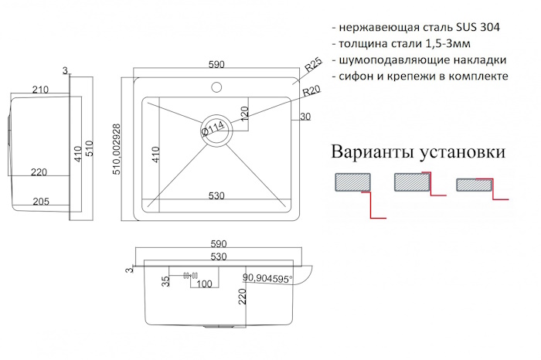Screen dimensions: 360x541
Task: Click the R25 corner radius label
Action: pos(312,65)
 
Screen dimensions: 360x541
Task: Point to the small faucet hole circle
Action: pos(216,87)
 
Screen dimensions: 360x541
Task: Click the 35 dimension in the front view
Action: pos(165,281)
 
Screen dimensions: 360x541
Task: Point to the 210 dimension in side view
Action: pos(40,90)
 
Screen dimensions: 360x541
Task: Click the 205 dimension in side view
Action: pos(41,202)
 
